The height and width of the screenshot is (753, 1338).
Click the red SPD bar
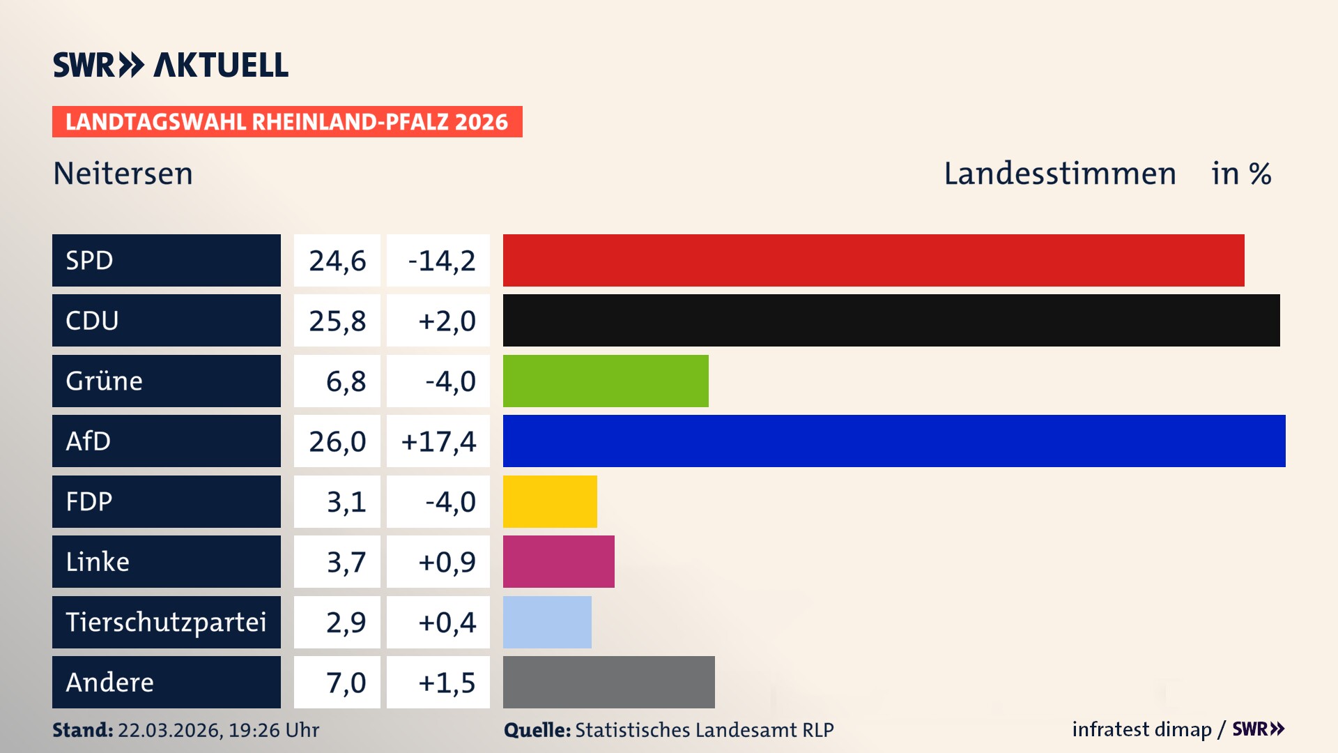tap(873, 260)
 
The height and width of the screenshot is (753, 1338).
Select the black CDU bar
tap(891, 321)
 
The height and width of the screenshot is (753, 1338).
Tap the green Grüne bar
tap(606, 381)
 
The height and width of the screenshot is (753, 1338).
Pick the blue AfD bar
tap(894, 441)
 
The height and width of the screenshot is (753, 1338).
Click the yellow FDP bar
tap(550, 501)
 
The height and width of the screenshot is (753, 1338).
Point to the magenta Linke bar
tap(558, 561)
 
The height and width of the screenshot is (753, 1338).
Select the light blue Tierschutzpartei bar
tap(547, 622)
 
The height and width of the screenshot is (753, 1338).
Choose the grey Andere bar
tap(608, 682)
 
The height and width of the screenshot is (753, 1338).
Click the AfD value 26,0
tap(337, 441)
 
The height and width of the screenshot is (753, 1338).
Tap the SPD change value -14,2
tap(441, 261)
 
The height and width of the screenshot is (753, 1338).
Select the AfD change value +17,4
tap(438, 441)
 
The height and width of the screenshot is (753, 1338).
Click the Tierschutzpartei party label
tap(166, 622)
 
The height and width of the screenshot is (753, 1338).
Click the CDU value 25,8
tap(337, 321)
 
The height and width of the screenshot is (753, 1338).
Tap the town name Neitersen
tap(123, 174)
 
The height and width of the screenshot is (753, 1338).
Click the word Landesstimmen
tap(1059, 174)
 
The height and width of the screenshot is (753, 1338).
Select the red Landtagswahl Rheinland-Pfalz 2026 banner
tap(287, 122)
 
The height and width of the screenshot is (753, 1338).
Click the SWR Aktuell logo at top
tap(171, 65)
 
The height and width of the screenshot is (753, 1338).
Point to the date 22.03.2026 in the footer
tap(169, 730)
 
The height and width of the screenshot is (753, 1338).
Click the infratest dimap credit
tap(1141, 729)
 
